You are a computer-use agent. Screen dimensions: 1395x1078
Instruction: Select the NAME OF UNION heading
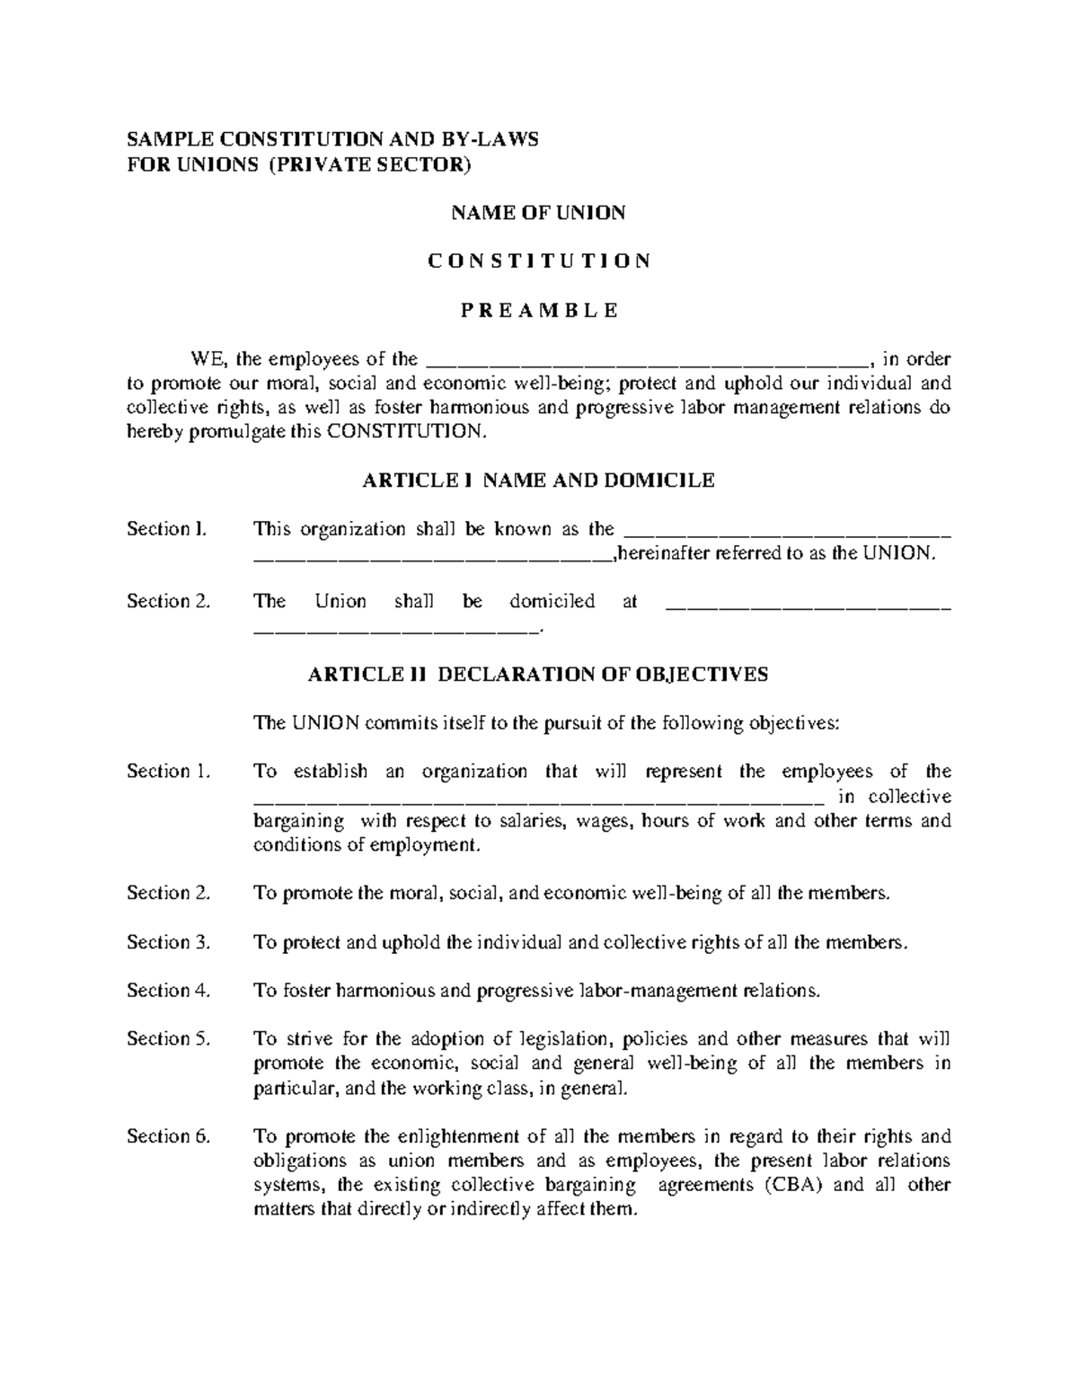click(537, 213)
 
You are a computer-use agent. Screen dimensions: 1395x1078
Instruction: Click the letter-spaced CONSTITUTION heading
click(538, 261)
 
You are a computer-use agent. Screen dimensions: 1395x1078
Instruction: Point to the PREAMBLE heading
click(538, 311)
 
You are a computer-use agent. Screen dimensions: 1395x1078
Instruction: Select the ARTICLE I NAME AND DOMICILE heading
click(537, 481)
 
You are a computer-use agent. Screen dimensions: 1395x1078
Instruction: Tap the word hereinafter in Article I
click(662, 553)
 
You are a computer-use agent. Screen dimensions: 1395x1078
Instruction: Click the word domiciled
click(552, 602)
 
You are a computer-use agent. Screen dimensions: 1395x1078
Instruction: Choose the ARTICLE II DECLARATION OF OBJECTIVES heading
click(537, 675)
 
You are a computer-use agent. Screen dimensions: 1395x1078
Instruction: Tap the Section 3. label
click(168, 942)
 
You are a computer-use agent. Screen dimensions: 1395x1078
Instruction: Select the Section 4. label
click(168, 991)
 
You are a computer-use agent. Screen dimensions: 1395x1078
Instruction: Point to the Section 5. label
click(168, 1039)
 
